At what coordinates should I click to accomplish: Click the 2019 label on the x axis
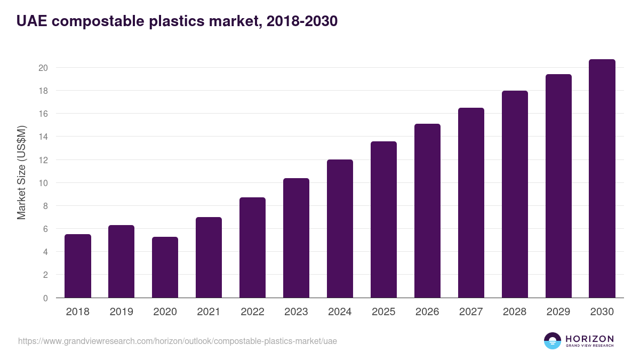click(x=122, y=312)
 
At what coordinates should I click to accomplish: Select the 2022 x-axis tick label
click(x=252, y=312)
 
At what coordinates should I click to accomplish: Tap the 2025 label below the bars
click(x=383, y=312)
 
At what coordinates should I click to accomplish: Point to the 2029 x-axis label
click(x=558, y=312)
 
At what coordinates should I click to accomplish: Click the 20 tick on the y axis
click(x=43, y=68)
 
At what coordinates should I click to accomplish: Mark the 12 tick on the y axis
click(x=43, y=160)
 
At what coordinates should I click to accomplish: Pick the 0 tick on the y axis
click(x=45, y=298)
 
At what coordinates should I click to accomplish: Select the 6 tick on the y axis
click(x=45, y=229)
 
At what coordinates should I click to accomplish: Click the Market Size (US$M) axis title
click(x=22, y=172)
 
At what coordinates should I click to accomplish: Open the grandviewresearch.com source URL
click(x=178, y=341)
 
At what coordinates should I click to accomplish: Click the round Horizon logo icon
click(x=552, y=341)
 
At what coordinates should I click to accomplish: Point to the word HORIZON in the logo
click(x=589, y=338)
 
